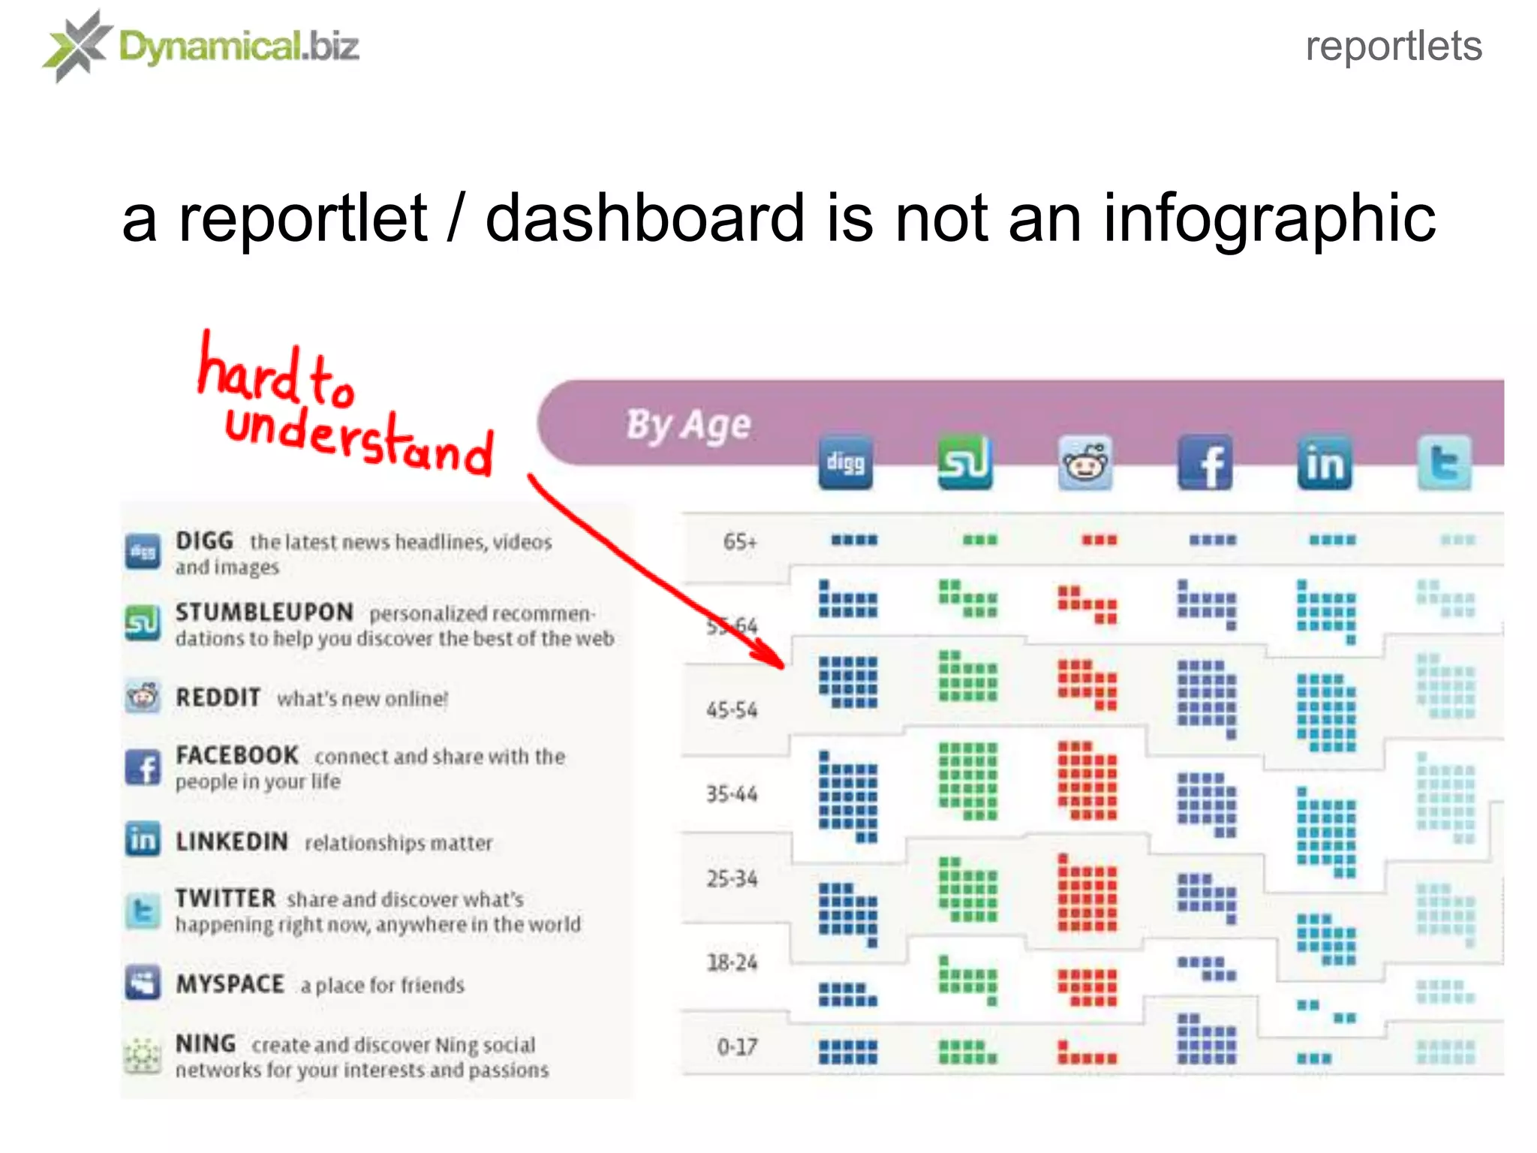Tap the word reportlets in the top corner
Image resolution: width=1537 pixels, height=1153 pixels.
click(1394, 47)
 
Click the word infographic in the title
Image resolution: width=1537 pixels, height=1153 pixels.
click(1268, 218)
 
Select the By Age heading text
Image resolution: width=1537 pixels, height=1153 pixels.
click(688, 426)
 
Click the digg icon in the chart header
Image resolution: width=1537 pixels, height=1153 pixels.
click(845, 462)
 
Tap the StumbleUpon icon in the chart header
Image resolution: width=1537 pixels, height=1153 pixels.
click(965, 462)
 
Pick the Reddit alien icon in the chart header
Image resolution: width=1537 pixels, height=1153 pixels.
click(1085, 462)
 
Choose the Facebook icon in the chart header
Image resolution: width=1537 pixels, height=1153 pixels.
click(1205, 462)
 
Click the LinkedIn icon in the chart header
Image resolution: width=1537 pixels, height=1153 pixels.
click(1325, 462)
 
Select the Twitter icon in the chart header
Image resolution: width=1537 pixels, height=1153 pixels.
click(1445, 462)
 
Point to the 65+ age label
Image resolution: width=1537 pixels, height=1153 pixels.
click(740, 541)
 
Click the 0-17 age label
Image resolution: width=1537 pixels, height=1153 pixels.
click(737, 1046)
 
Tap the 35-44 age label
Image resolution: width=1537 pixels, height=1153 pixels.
click(732, 793)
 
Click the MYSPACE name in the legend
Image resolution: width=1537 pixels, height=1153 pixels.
click(230, 983)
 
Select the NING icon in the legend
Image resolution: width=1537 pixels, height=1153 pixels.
click(143, 1055)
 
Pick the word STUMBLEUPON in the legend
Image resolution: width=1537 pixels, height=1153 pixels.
click(264, 613)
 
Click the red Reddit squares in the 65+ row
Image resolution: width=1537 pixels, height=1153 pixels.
click(1099, 540)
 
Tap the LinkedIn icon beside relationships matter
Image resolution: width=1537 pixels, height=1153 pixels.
click(143, 839)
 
